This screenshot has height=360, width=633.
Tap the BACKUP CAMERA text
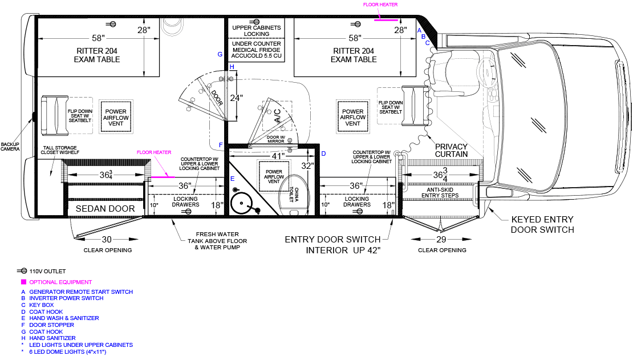pyautogui.click(x=10, y=147)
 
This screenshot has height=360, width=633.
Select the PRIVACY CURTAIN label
pyautogui.click(x=451, y=151)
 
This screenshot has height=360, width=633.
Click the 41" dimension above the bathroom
pyautogui.click(x=278, y=156)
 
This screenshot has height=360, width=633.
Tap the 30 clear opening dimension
pyautogui.click(x=107, y=240)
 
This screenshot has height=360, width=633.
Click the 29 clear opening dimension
pyautogui.click(x=441, y=240)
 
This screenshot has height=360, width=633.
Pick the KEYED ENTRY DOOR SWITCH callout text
pyautogui.click(x=542, y=224)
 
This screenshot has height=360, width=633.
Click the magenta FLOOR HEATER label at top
pyautogui.click(x=380, y=5)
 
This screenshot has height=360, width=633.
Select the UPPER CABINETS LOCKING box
pyautogui.click(x=257, y=31)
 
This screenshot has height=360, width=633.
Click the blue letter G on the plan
pyautogui.click(x=220, y=54)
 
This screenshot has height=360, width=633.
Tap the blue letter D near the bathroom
pyautogui.click(x=323, y=153)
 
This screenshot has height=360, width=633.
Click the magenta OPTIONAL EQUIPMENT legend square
pyautogui.click(x=23, y=282)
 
